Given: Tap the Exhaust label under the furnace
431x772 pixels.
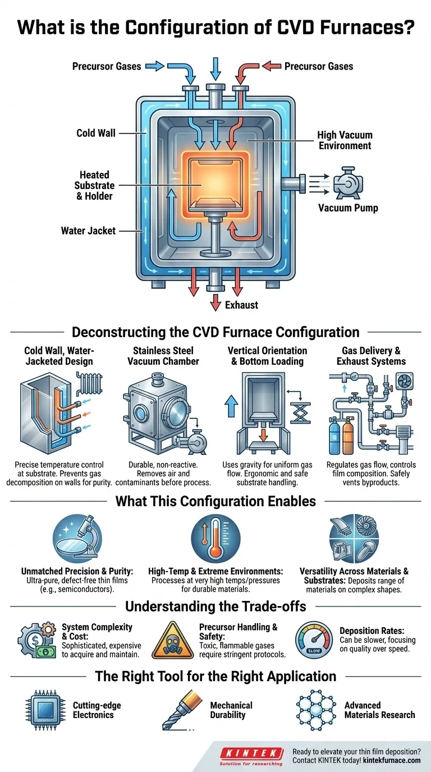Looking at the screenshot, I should [241, 305].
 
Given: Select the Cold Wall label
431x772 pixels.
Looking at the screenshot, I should [96, 133].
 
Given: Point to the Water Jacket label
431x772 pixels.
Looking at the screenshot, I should [88, 230].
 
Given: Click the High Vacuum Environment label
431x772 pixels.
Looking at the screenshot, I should [345, 140].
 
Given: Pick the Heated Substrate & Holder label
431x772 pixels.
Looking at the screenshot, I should [94, 185].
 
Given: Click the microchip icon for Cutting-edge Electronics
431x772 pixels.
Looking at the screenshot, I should [44, 709].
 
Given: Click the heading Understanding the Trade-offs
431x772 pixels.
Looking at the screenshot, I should [215, 606].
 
